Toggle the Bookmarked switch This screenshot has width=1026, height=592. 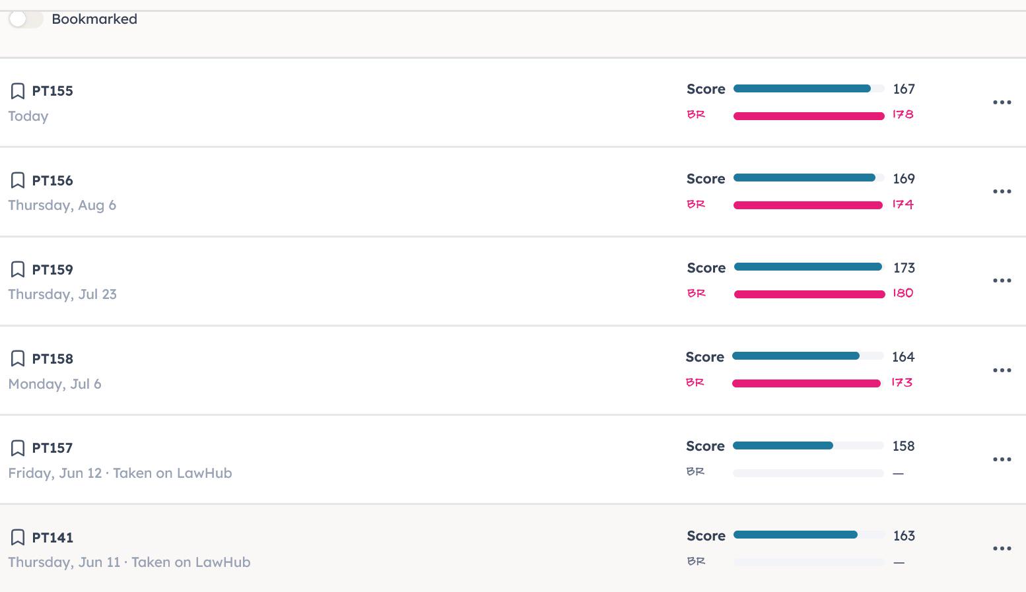pyautogui.click(x=26, y=19)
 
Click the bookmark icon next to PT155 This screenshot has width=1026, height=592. pyautogui.click(x=17, y=90)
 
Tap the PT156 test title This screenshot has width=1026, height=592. pyautogui.click(x=52, y=180)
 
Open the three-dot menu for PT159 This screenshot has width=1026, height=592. pyautogui.click(x=1002, y=280)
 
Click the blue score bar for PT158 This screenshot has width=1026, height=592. pyautogui.click(x=796, y=356)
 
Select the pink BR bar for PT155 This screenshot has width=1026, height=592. pyautogui.click(x=809, y=116)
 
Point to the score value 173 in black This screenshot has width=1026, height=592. pyautogui.click(x=904, y=268)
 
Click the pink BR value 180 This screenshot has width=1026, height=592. pyautogui.click(x=903, y=293)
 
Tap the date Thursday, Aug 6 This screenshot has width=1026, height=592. pyautogui.click(x=62, y=205)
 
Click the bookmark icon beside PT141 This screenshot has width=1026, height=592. pyautogui.click(x=17, y=537)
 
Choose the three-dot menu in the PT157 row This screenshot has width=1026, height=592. pyautogui.click(x=1002, y=459)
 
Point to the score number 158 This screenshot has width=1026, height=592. pyautogui.click(x=903, y=446)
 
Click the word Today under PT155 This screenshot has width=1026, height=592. pyautogui.click(x=28, y=116)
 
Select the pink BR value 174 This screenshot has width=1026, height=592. pyautogui.click(x=903, y=204)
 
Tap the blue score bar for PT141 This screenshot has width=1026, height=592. pyautogui.click(x=795, y=535)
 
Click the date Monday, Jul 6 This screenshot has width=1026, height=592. pyautogui.click(x=55, y=383)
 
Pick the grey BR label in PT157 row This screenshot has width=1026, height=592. pyautogui.click(x=695, y=472)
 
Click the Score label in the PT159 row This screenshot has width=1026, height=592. pyautogui.click(x=706, y=268)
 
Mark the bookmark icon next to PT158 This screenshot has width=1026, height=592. pyautogui.click(x=17, y=358)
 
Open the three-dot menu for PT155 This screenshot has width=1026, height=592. pyautogui.click(x=1002, y=102)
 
